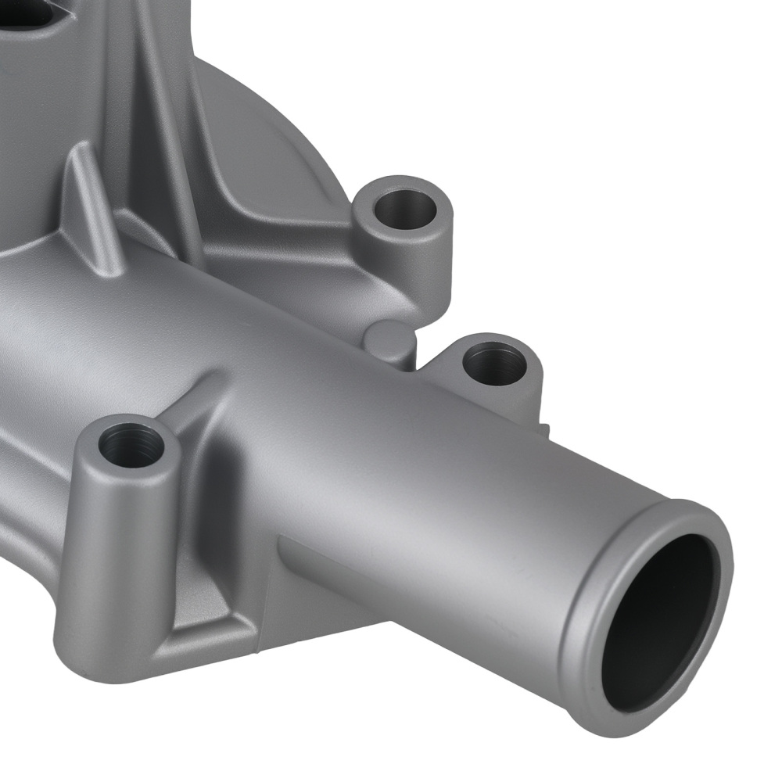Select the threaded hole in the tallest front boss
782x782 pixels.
pyautogui.click(x=131, y=444)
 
